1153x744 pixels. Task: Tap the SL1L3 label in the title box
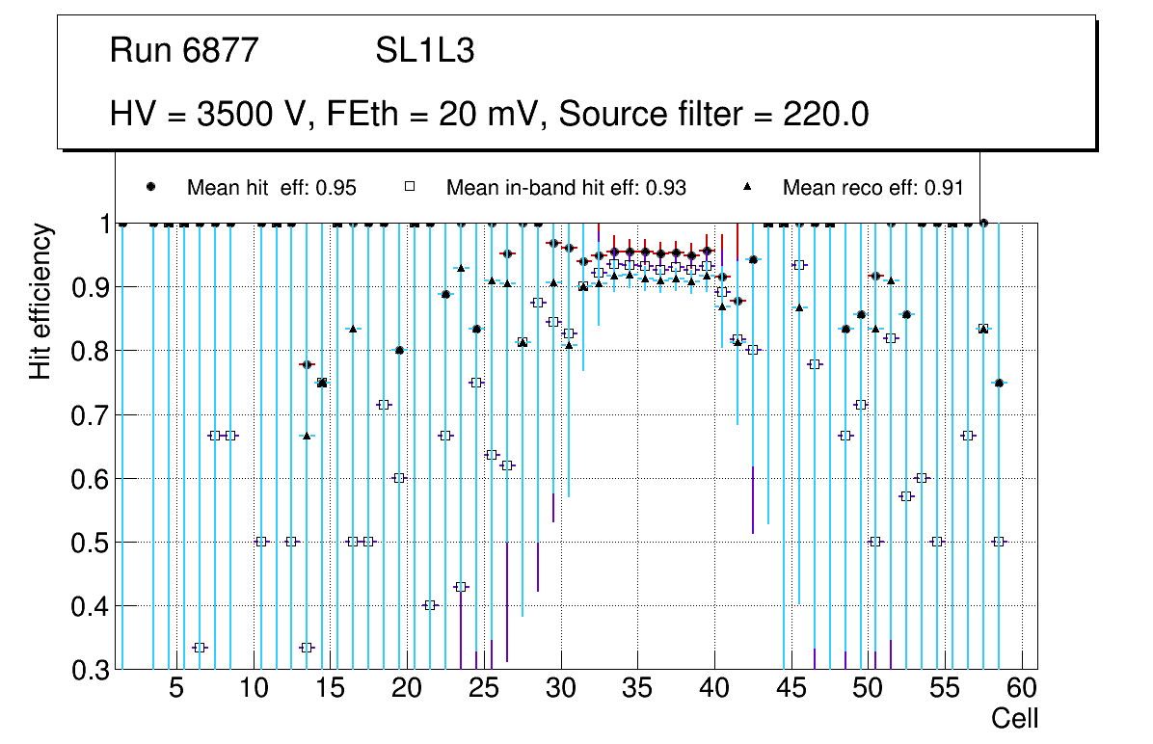click(424, 51)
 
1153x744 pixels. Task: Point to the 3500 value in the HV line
click(233, 115)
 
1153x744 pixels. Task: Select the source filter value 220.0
click(824, 115)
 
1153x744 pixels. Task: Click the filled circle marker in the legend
click(150, 187)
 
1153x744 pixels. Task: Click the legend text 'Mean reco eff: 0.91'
click(872, 188)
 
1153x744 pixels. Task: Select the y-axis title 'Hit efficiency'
click(40, 302)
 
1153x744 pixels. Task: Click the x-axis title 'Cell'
click(1015, 718)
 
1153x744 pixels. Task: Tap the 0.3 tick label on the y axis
click(90, 670)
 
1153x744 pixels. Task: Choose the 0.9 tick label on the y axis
click(90, 287)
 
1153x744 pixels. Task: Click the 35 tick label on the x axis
click(637, 689)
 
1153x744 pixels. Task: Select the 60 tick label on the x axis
click(1022, 689)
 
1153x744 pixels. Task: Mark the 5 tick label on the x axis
click(175, 689)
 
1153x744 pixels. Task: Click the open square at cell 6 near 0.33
click(200, 648)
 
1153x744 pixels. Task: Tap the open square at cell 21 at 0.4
click(430, 605)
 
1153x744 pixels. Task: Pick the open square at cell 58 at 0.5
click(999, 542)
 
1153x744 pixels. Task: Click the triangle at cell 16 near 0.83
click(353, 329)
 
